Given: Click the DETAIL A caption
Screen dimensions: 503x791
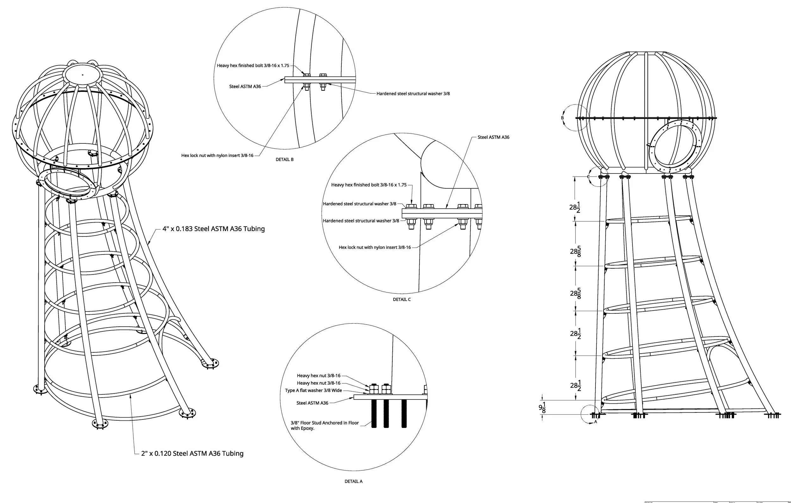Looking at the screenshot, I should coord(353,481).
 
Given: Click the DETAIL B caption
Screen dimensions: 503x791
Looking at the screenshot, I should coord(284,159).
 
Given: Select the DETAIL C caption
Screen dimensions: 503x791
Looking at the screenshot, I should coord(402,299).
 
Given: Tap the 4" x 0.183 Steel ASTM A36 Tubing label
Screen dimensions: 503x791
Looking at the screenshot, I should coord(214,229).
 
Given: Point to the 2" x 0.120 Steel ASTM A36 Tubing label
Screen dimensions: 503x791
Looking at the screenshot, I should coord(192,453).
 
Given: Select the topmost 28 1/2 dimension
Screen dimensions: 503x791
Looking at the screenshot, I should coord(575,207).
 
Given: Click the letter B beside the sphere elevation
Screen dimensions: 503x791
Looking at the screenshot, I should coord(562,118).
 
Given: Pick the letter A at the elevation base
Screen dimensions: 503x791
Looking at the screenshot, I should coord(595,422).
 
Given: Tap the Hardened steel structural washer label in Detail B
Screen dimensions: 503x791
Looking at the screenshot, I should coord(413,94).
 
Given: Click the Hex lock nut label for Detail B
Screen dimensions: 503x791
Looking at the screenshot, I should coord(217,155).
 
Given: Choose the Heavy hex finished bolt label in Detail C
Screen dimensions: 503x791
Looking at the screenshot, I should coord(369,185).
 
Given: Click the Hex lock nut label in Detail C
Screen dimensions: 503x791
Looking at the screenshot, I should coord(375,248).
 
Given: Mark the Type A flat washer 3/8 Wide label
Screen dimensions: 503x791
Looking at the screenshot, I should coord(313,391).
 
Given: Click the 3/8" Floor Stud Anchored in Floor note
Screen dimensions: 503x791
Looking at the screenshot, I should coord(324,425).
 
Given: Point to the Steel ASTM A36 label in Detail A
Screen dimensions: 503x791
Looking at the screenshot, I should coord(312,403).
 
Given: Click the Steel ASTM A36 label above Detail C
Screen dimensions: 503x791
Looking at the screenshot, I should coord(493,137).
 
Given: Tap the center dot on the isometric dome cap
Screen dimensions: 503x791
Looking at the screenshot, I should coord(83,75).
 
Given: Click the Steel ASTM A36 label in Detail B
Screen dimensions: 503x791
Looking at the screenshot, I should coord(245,86).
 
